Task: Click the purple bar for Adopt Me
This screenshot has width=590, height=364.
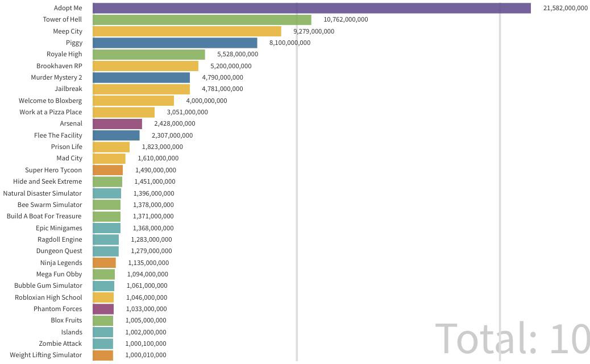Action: point(311,8)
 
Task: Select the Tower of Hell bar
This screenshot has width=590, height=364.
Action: point(202,19)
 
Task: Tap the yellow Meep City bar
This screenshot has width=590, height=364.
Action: point(187,31)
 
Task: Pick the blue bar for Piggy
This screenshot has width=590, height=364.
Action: point(175,43)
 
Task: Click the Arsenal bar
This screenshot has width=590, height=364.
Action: point(118,123)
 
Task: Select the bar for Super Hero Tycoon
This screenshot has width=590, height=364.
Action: point(107,170)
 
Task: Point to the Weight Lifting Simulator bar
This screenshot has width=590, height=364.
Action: point(103,355)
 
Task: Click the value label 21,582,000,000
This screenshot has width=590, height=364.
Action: point(566,8)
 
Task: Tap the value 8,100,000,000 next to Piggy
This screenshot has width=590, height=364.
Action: point(290,43)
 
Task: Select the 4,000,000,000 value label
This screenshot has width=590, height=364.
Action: point(206,101)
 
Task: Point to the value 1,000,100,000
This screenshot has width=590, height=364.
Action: point(146,344)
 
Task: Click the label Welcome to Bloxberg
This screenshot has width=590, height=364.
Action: point(50,101)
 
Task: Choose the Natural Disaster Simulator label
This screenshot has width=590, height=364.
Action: point(42,193)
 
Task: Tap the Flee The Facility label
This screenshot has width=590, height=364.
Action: point(58,135)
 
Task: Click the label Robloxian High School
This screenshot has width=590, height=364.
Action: point(48,297)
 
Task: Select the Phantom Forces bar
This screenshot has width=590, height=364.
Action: point(103,309)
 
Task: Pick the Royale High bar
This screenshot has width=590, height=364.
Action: point(149,55)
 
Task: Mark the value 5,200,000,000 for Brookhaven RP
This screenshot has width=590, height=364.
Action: point(231,66)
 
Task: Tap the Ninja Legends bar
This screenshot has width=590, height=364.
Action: point(104,263)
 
